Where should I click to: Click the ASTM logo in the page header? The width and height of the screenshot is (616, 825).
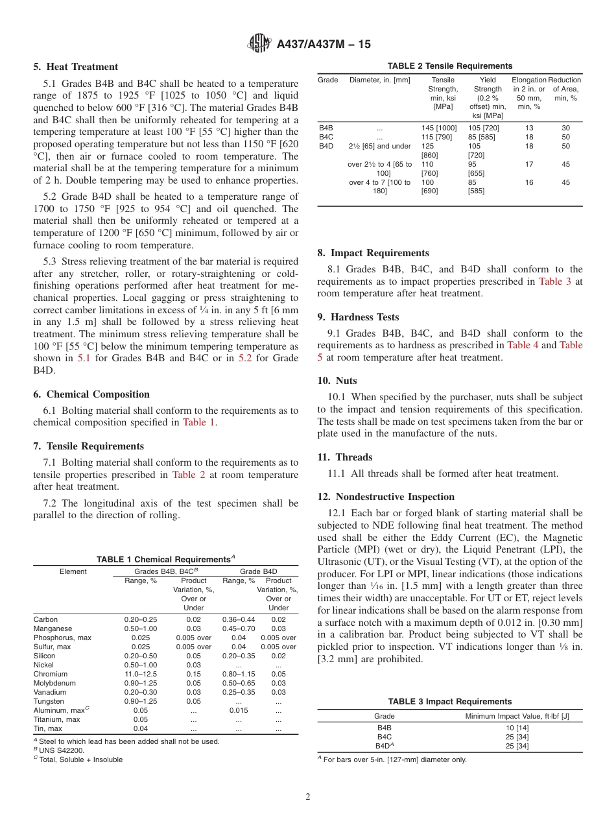pyautogui.click(x=260, y=44)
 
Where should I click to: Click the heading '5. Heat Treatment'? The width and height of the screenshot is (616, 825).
pyautogui.click(x=76, y=67)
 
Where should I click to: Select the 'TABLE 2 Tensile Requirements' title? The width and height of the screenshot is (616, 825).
pyautogui.click(x=449, y=66)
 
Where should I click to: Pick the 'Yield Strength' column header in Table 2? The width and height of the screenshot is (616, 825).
pyautogui.click(x=488, y=84)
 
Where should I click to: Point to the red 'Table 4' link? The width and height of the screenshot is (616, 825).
pyautogui.click(x=523, y=345)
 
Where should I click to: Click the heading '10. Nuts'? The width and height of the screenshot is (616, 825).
pyautogui.click(x=337, y=381)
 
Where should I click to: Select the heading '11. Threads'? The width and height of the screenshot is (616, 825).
pyautogui.click(x=345, y=457)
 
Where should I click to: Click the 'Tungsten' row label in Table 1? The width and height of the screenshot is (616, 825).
pyautogui.click(x=49, y=701)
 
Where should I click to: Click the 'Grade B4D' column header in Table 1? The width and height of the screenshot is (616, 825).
pyautogui.click(x=259, y=571)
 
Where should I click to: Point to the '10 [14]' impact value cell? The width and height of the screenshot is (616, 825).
pyautogui.click(x=517, y=728)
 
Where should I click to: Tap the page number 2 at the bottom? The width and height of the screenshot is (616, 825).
pyautogui.click(x=308, y=797)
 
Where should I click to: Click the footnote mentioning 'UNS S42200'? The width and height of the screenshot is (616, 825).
pyautogui.click(x=59, y=750)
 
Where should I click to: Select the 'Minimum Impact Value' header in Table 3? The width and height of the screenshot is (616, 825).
pyautogui.click(x=517, y=716)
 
